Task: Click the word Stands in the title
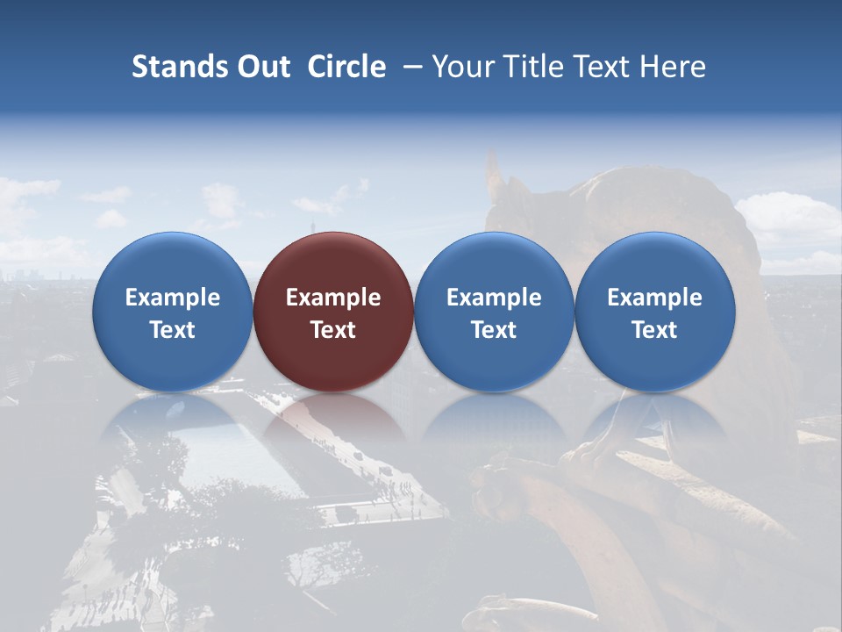(172, 67)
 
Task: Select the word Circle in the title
(346, 67)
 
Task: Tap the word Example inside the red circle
(333, 298)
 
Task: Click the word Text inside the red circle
(333, 330)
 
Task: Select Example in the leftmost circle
(172, 298)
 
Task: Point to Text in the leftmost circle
(172, 330)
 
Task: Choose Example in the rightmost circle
(655, 298)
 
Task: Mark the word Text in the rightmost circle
(655, 330)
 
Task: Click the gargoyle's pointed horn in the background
(493, 169)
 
